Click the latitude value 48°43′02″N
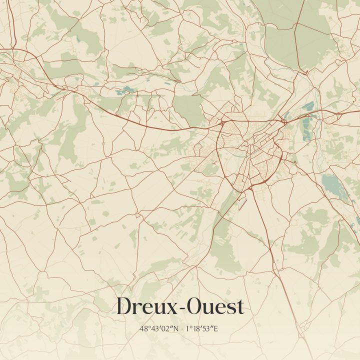coord(159,328)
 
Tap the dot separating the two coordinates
coord(182,328)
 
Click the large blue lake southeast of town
coord(332,185)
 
